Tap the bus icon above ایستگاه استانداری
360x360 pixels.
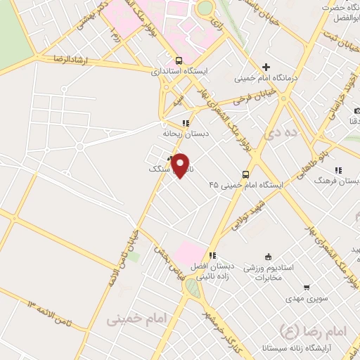[179, 60]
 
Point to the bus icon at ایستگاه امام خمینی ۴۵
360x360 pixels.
[245, 174]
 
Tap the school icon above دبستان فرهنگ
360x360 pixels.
[339, 169]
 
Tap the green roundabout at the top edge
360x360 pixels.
[205, 7]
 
